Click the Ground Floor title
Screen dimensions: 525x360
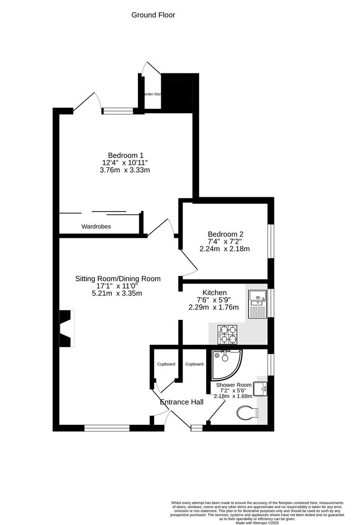(x=153, y=15)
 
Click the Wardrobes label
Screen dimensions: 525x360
(x=96, y=227)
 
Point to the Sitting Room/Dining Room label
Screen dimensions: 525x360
(x=118, y=279)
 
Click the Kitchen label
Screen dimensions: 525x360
(x=214, y=293)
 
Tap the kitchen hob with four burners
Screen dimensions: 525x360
(x=227, y=335)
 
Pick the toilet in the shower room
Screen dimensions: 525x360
(x=248, y=414)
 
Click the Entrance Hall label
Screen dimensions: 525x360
(x=182, y=402)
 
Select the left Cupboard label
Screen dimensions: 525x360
(x=166, y=364)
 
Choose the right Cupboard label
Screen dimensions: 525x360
(x=194, y=364)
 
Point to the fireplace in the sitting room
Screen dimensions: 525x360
(x=67, y=329)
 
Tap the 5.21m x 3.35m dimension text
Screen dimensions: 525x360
(x=118, y=293)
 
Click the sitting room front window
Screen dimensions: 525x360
(x=107, y=428)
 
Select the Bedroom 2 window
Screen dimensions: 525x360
(x=271, y=241)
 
